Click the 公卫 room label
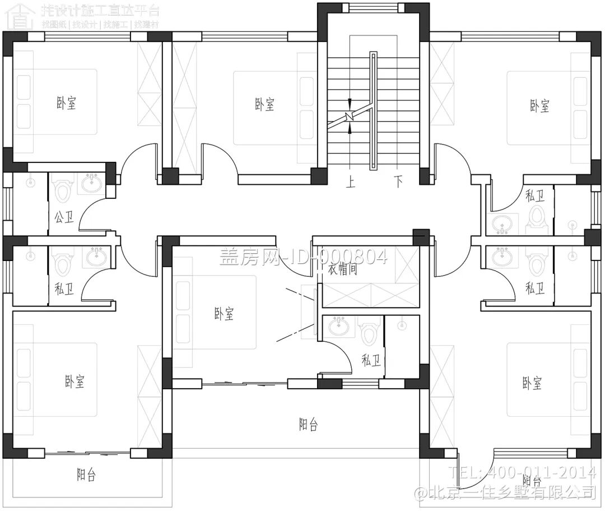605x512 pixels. coord(64,217)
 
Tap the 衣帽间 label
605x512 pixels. coord(343,269)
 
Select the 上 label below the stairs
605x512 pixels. coord(351,182)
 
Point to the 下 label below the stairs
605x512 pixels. coord(398,182)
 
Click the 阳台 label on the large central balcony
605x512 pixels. coord(308,425)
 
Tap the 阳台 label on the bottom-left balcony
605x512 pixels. coord(86,476)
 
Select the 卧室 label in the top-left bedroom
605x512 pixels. coord(66,103)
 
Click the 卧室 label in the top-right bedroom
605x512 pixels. coord(539,106)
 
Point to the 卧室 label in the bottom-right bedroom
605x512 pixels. coord(532,384)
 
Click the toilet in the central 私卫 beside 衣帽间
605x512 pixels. coord(369,333)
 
